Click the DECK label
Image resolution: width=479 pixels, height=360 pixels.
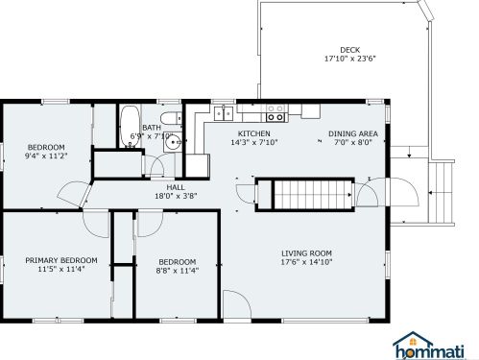(x=349, y=50)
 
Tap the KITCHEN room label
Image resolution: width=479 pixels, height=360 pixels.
(x=254, y=133)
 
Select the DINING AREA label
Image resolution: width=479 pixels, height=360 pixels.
(x=353, y=133)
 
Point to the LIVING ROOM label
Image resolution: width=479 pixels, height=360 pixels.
(x=306, y=253)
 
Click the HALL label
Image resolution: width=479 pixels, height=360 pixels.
(x=176, y=187)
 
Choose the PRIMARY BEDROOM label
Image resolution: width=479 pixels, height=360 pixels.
(x=61, y=260)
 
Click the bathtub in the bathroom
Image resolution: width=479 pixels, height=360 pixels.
(x=130, y=126)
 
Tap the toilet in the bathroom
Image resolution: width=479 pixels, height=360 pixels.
(x=171, y=118)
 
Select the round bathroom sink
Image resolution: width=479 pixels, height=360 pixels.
(x=173, y=141)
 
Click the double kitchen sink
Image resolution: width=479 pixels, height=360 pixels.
(x=224, y=113)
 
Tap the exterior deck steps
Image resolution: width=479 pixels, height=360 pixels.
(x=441, y=192)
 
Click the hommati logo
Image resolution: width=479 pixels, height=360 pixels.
(x=428, y=346)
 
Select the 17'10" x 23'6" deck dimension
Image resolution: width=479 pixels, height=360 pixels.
(x=349, y=59)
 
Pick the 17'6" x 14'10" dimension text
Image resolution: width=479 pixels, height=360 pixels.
(x=306, y=262)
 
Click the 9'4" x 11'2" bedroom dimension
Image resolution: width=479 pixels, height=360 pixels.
(x=46, y=156)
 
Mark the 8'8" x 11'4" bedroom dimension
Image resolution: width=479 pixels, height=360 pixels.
(x=178, y=271)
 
